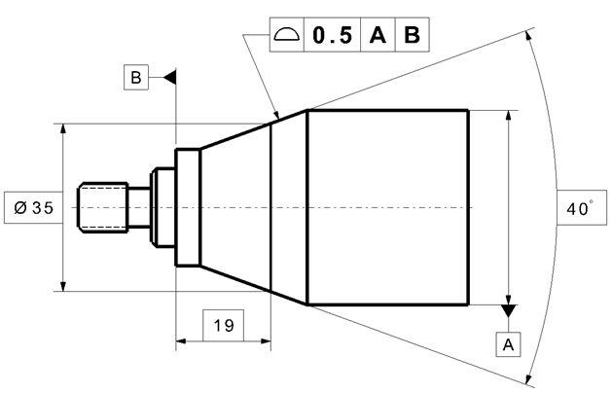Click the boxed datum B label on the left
click(135, 76)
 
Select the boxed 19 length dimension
click(223, 325)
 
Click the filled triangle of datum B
click(170, 76)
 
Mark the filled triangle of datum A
click(507, 310)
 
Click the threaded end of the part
click(103, 207)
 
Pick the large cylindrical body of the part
click(387, 207)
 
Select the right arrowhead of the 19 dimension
click(265, 341)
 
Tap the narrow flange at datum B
click(187, 207)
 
